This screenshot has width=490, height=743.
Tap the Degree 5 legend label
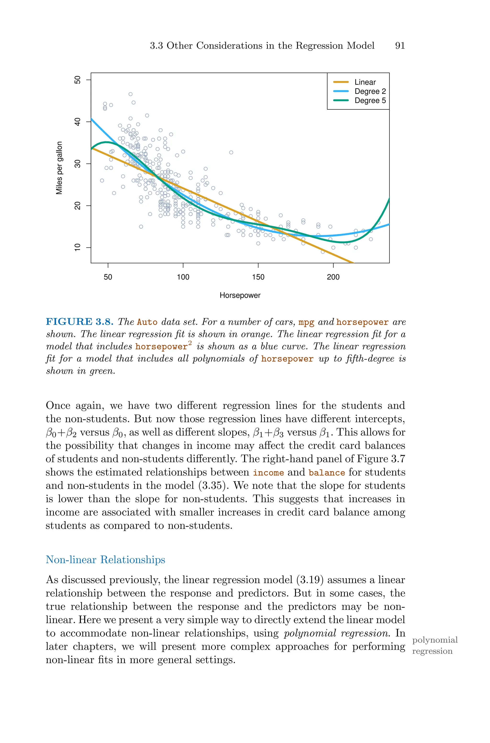coord(370,101)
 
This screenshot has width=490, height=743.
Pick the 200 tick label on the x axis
coord(333,277)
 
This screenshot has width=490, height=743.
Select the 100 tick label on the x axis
coord(183,277)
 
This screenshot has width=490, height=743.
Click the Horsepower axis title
coord(240,295)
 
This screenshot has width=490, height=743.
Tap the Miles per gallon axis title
coord(59,168)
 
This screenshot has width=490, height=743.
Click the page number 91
coord(400,46)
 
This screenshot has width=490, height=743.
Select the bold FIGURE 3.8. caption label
coord(79,322)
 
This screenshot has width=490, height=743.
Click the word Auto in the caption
coord(147,322)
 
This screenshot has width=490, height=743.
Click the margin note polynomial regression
coord(434,646)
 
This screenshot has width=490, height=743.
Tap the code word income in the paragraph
coord(268,472)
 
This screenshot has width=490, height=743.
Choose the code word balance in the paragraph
coord(327,472)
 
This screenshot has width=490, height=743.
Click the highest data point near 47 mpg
coord(131,94)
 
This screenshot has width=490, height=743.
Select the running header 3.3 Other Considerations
coord(262,46)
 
